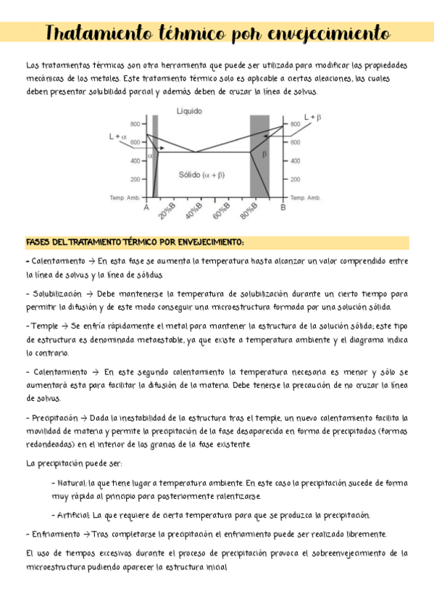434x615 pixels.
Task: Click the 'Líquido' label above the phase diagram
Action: (190, 111)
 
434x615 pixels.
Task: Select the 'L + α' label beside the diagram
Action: (117, 136)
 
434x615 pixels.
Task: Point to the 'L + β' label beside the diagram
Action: (313, 117)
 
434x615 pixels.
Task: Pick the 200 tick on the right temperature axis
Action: (296, 178)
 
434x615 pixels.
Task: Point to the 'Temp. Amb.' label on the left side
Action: (124, 197)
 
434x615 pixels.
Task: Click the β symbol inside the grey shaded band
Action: (264, 154)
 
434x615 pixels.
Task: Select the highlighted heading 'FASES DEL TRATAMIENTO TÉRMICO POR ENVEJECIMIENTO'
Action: (135, 242)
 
